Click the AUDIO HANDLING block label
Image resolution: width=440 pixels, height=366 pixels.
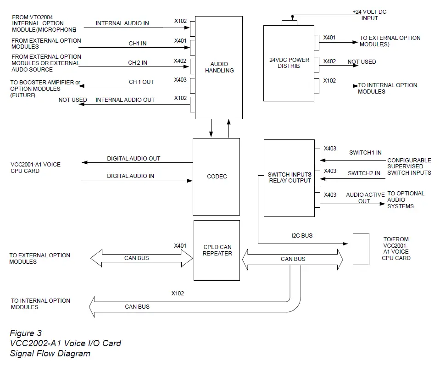(219, 67)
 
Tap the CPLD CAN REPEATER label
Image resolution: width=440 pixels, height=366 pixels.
(217, 250)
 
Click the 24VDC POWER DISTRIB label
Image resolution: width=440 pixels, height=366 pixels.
(289, 63)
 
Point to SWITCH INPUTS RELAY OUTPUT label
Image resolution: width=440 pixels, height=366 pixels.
(289, 177)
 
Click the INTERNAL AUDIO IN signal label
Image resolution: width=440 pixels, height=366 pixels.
(122, 23)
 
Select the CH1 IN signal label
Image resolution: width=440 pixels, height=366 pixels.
(138, 44)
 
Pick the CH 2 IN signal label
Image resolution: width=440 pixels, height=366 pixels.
(138, 63)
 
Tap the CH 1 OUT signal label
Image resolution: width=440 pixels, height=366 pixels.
(141, 82)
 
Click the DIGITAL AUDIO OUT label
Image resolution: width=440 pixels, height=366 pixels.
(134, 159)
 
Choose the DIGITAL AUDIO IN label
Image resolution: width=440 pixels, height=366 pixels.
(130, 176)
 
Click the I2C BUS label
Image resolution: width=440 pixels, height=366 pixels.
(301, 236)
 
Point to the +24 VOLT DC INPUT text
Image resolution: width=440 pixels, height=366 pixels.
(369, 15)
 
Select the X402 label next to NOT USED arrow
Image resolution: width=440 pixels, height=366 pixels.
(329, 61)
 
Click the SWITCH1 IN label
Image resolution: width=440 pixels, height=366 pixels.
(365, 153)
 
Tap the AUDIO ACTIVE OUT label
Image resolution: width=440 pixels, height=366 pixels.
(365, 198)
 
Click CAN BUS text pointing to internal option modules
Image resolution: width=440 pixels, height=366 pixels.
(137, 306)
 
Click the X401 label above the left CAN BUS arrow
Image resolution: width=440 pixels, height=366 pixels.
(180, 246)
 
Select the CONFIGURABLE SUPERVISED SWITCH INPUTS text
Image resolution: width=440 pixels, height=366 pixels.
(409, 166)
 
